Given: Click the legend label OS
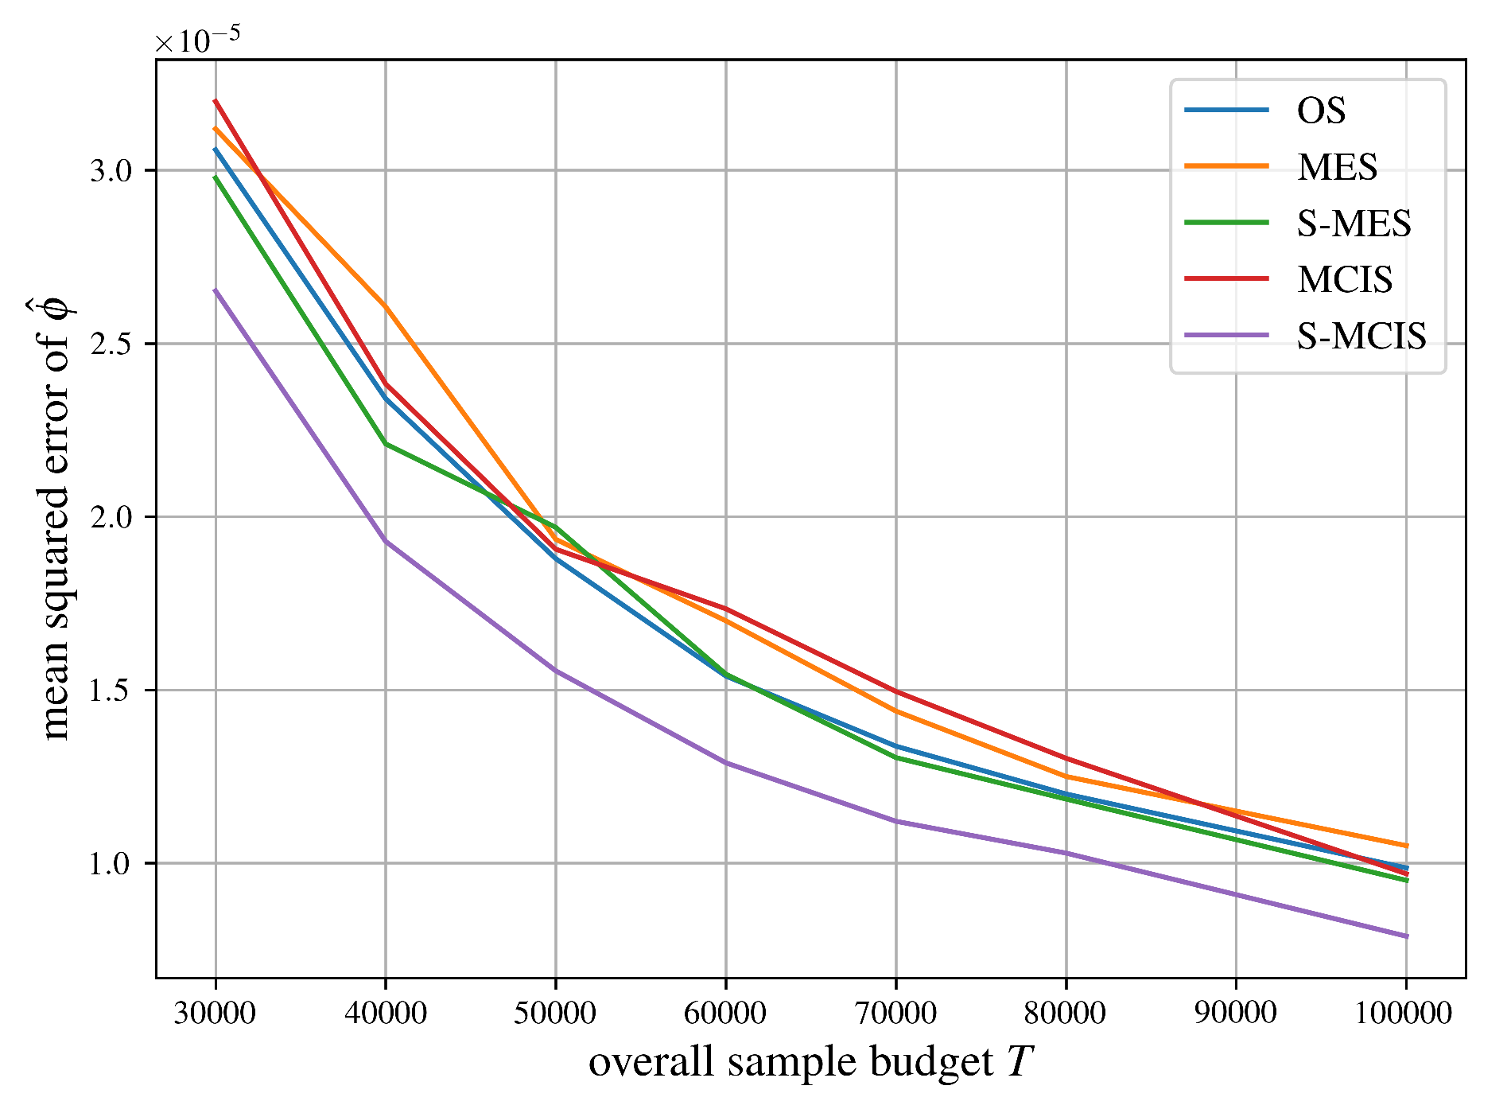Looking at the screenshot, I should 1321,111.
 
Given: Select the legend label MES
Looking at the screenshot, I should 1337,167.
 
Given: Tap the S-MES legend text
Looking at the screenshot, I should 1354,224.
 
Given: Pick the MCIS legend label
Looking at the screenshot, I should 1345,280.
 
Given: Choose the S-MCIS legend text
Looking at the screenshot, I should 1361,337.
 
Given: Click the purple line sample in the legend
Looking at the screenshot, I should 1226,336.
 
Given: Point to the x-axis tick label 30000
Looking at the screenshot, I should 215,1013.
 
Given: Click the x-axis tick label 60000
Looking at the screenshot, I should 725,1013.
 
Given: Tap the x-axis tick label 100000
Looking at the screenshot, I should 1405,1013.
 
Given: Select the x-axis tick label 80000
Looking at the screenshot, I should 1066,1013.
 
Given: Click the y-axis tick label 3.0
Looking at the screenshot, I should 111,171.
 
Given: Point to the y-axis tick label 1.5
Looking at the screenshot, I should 111,691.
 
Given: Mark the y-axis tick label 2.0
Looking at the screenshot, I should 111,517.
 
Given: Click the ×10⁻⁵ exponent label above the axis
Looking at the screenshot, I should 197,40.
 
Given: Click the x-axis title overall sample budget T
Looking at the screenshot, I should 810,1063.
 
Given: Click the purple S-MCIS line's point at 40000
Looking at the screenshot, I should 386,542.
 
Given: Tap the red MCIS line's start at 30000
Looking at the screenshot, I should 216,101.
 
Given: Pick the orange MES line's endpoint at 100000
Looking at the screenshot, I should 1406,846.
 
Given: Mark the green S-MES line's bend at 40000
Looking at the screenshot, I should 386,444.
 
